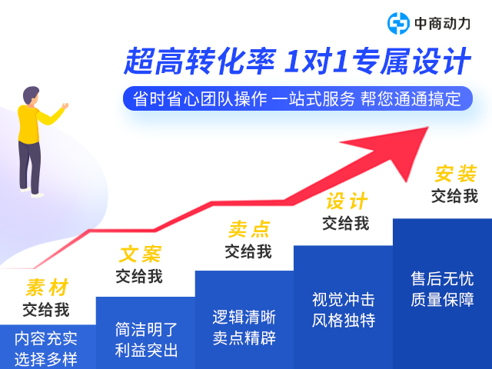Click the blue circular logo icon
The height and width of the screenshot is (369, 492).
click(398, 23)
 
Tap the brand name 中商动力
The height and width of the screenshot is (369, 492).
click(443, 24)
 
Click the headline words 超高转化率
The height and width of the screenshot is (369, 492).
click(200, 61)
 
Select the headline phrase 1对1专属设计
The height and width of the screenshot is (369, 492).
click(377, 61)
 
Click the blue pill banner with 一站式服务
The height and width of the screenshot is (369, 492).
click(298, 98)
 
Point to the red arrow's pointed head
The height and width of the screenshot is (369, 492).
click(427, 128)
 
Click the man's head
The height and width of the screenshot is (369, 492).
click(31, 95)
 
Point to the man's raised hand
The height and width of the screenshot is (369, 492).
click(65, 106)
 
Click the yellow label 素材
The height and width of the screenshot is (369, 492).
click(47, 287)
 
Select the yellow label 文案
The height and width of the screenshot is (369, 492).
click(140, 254)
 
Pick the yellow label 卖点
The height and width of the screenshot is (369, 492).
click(248, 229)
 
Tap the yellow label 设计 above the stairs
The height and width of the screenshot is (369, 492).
click(347, 201)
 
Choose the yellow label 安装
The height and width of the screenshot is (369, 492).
click(456, 174)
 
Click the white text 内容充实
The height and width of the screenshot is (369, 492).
click(46, 338)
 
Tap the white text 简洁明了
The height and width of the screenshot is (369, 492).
click(146, 330)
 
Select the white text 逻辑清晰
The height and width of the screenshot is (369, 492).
click(244, 317)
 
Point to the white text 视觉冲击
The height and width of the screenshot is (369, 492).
click(344, 299)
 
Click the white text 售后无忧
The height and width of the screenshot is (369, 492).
click(443, 278)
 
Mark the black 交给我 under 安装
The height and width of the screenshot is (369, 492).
click(454, 196)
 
